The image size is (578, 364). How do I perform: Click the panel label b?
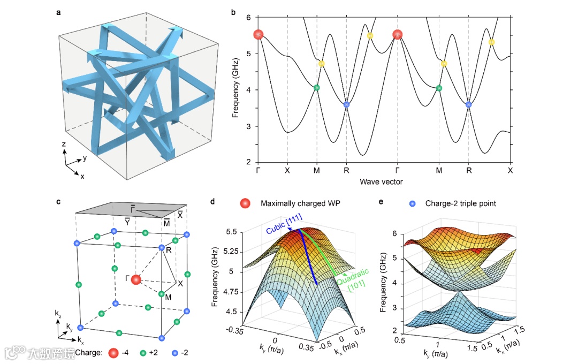coord(233,11)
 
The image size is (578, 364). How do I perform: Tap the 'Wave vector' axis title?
coord(382,181)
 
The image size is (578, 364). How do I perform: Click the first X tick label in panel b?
coord(287,171)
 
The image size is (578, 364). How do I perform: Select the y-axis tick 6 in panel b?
coord(249,17)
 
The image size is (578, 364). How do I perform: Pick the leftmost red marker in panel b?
coord(259,35)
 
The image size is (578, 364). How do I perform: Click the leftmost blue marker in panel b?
coord(346,104)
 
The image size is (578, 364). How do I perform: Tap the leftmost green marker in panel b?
coord(316,87)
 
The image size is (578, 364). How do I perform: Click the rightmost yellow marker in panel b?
coord(492,42)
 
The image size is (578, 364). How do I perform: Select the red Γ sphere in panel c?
coord(136,279)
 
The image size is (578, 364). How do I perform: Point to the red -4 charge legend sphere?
coord(113,353)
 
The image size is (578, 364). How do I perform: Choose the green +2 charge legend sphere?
coord(143,353)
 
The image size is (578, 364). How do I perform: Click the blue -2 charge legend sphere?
coord(174,353)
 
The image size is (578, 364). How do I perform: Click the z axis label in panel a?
coord(64,145)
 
